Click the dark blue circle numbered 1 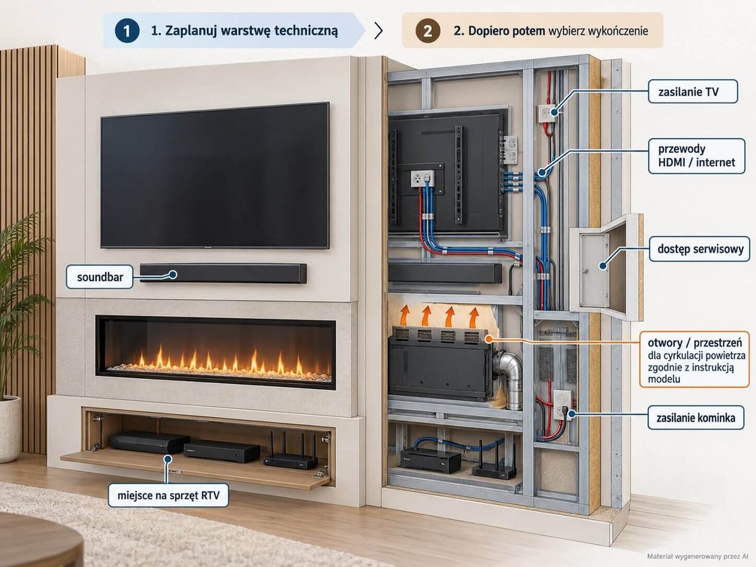point(127,30)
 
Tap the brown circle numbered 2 point(427,30)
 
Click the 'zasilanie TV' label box point(693,92)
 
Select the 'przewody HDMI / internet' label point(696,156)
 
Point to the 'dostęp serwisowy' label point(700,249)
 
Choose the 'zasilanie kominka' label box point(695,418)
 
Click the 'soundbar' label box point(100,277)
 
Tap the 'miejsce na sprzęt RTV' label point(168,495)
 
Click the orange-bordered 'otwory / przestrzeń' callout point(694,360)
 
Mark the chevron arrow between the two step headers point(379,30)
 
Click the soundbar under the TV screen point(223,273)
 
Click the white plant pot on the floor point(9,428)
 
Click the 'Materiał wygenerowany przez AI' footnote point(697,557)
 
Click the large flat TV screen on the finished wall point(215,176)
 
